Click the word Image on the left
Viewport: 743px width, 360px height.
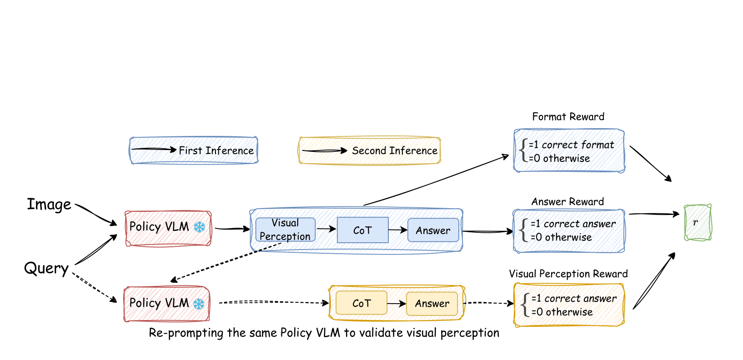(x=49, y=205)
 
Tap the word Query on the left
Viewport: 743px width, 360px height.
(x=46, y=268)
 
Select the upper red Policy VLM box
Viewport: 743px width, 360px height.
(x=168, y=228)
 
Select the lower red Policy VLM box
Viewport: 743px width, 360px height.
(x=166, y=304)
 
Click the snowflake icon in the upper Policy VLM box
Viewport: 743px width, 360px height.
(x=199, y=227)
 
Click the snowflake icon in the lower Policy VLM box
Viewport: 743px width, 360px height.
(x=199, y=304)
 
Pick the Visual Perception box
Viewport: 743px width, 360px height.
(x=285, y=230)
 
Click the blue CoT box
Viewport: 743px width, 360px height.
(x=362, y=230)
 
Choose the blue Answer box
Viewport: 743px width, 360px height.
(x=433, y=230)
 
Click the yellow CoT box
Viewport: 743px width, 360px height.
(x=361, y=303)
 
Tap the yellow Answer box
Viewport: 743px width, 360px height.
(x=432, y=303)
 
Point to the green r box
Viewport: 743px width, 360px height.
(x=697, y=222)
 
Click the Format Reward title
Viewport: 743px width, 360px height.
(x=568, y=117)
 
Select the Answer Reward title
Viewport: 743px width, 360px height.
(x=567, y=202)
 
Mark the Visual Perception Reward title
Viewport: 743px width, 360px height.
(x=568, y=274)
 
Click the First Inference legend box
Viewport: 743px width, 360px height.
(x=194, y=150)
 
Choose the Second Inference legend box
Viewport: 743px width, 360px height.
(x=369, y=150)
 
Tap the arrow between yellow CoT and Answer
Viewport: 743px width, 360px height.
(x=396, y=303)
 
